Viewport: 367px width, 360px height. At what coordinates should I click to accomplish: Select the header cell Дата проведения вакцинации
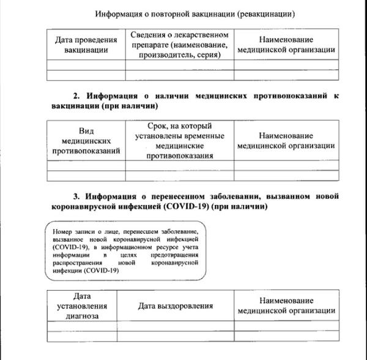(x=86, y=45)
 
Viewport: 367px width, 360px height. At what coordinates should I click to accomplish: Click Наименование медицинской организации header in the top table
(x=286, y=45)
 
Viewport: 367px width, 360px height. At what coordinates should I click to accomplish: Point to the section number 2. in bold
(x=77, y=96)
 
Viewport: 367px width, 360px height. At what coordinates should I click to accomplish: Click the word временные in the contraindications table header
(x=204, y=136)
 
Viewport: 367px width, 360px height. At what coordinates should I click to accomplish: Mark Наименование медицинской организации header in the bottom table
(x=286, y=305)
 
